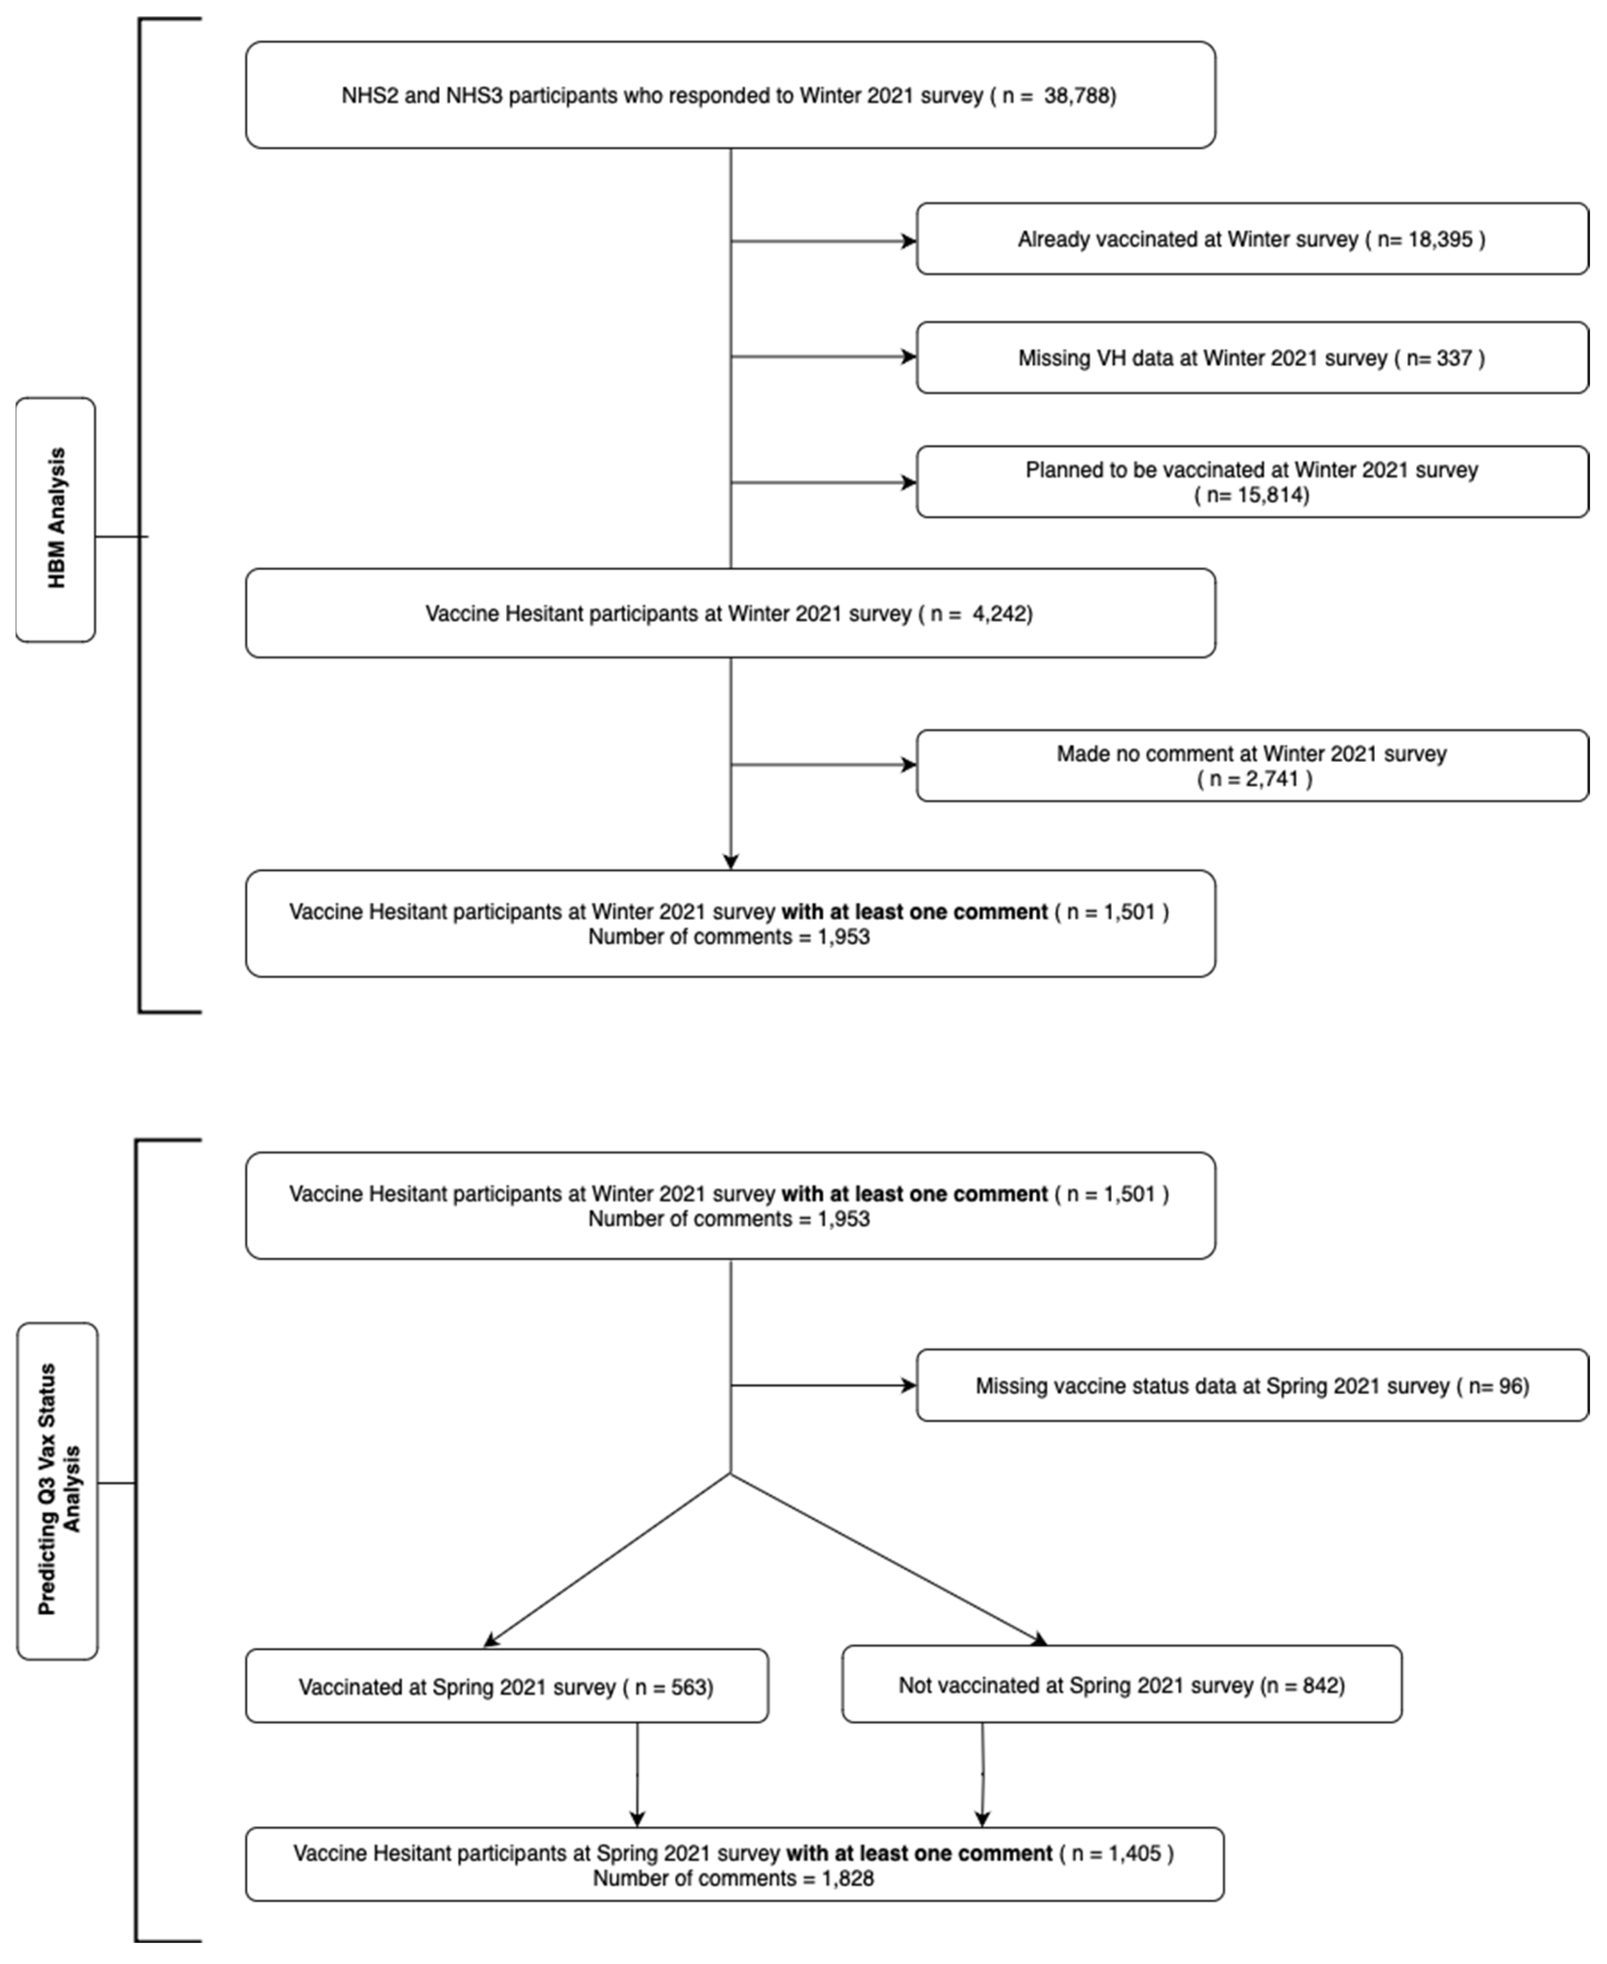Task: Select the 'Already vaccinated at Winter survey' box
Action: pos(1251,239)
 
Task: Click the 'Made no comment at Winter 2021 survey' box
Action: pos(1251,766)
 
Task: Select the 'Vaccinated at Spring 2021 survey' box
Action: pos(507,1687)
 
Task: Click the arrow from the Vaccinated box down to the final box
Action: pos(637,1775)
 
